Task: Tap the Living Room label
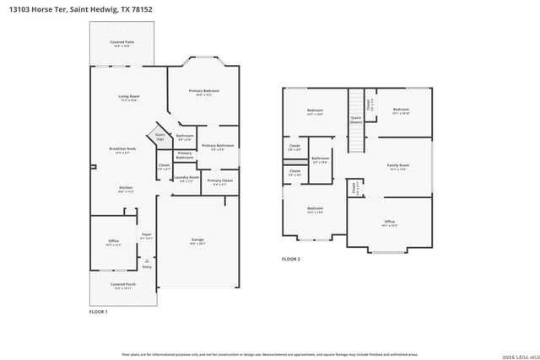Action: (x=128, y=98)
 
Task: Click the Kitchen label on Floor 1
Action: (x=125, y=189)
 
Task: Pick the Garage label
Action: (x=197, y=241)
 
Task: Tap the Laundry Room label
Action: (x=186, y=179)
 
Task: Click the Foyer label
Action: (x=146, y=236)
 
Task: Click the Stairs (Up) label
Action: (x=160, y=136)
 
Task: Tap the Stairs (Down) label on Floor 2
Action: (x=355, y=121)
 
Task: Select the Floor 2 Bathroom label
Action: (x=321, y=159)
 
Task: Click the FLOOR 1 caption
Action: (x=99, y=312)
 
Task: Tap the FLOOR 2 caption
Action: (x=289, y=259)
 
